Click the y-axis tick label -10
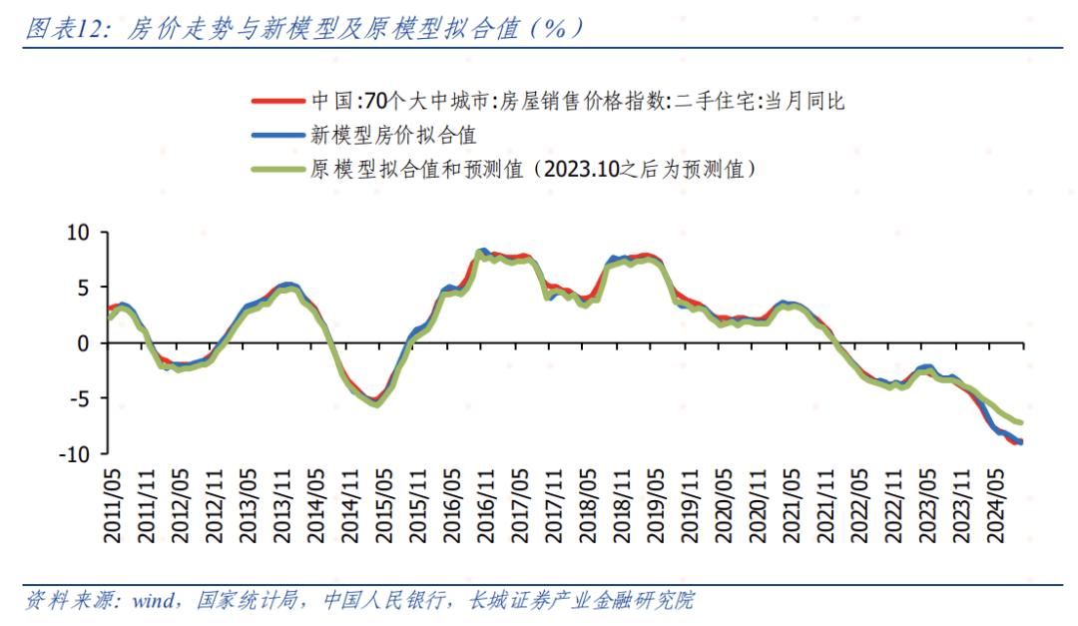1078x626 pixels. [75, 454]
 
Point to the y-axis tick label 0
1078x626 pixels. [84, 343]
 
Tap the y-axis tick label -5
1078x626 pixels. [79, 399]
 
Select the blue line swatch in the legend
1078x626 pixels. [276, 135]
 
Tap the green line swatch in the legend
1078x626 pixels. [276, 169]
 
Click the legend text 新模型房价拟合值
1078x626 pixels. [392, 135]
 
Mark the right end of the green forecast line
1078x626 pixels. [1020, 423]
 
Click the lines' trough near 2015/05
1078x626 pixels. [374, 403]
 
